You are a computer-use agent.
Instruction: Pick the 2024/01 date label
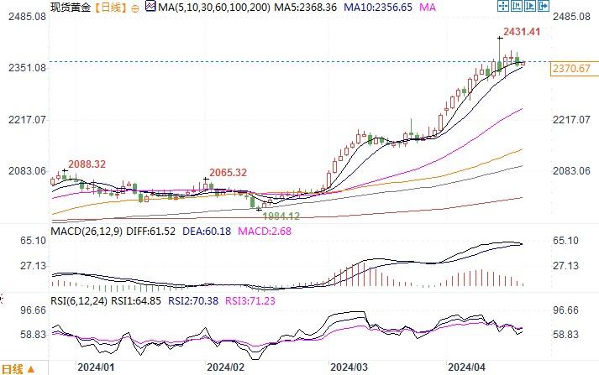click(94, 367)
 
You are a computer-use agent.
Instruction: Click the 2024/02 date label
click(224, 367)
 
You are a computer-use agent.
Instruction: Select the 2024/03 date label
click(349, 367)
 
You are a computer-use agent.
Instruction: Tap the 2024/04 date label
click(467, 367)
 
